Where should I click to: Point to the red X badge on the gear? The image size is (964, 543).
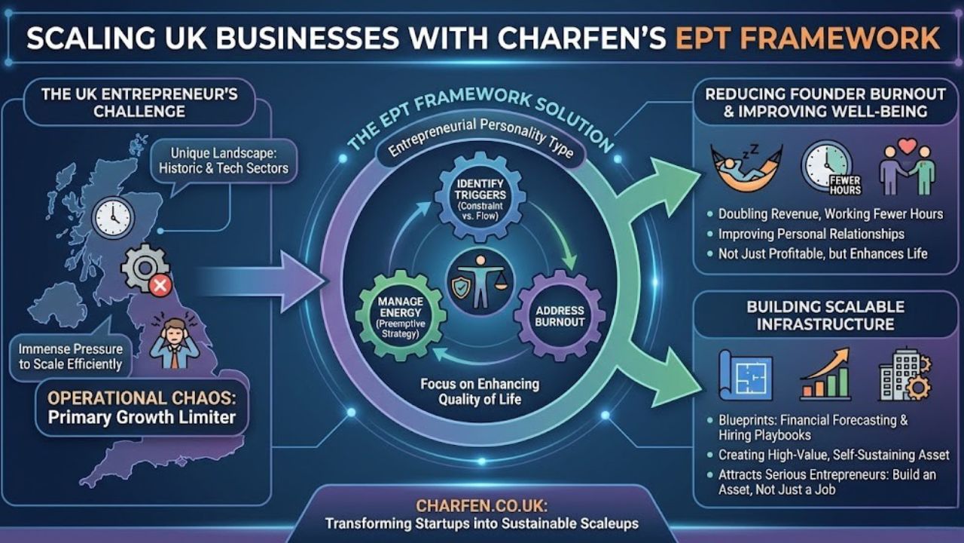[159, 285]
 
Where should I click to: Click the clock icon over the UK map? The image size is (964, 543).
[113, 218]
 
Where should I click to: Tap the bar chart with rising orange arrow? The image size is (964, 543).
[825, 373]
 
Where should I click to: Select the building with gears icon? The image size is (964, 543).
[905, 374]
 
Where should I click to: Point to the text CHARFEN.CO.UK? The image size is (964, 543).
[481, 505]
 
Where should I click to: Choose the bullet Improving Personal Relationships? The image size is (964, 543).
[810, 234]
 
